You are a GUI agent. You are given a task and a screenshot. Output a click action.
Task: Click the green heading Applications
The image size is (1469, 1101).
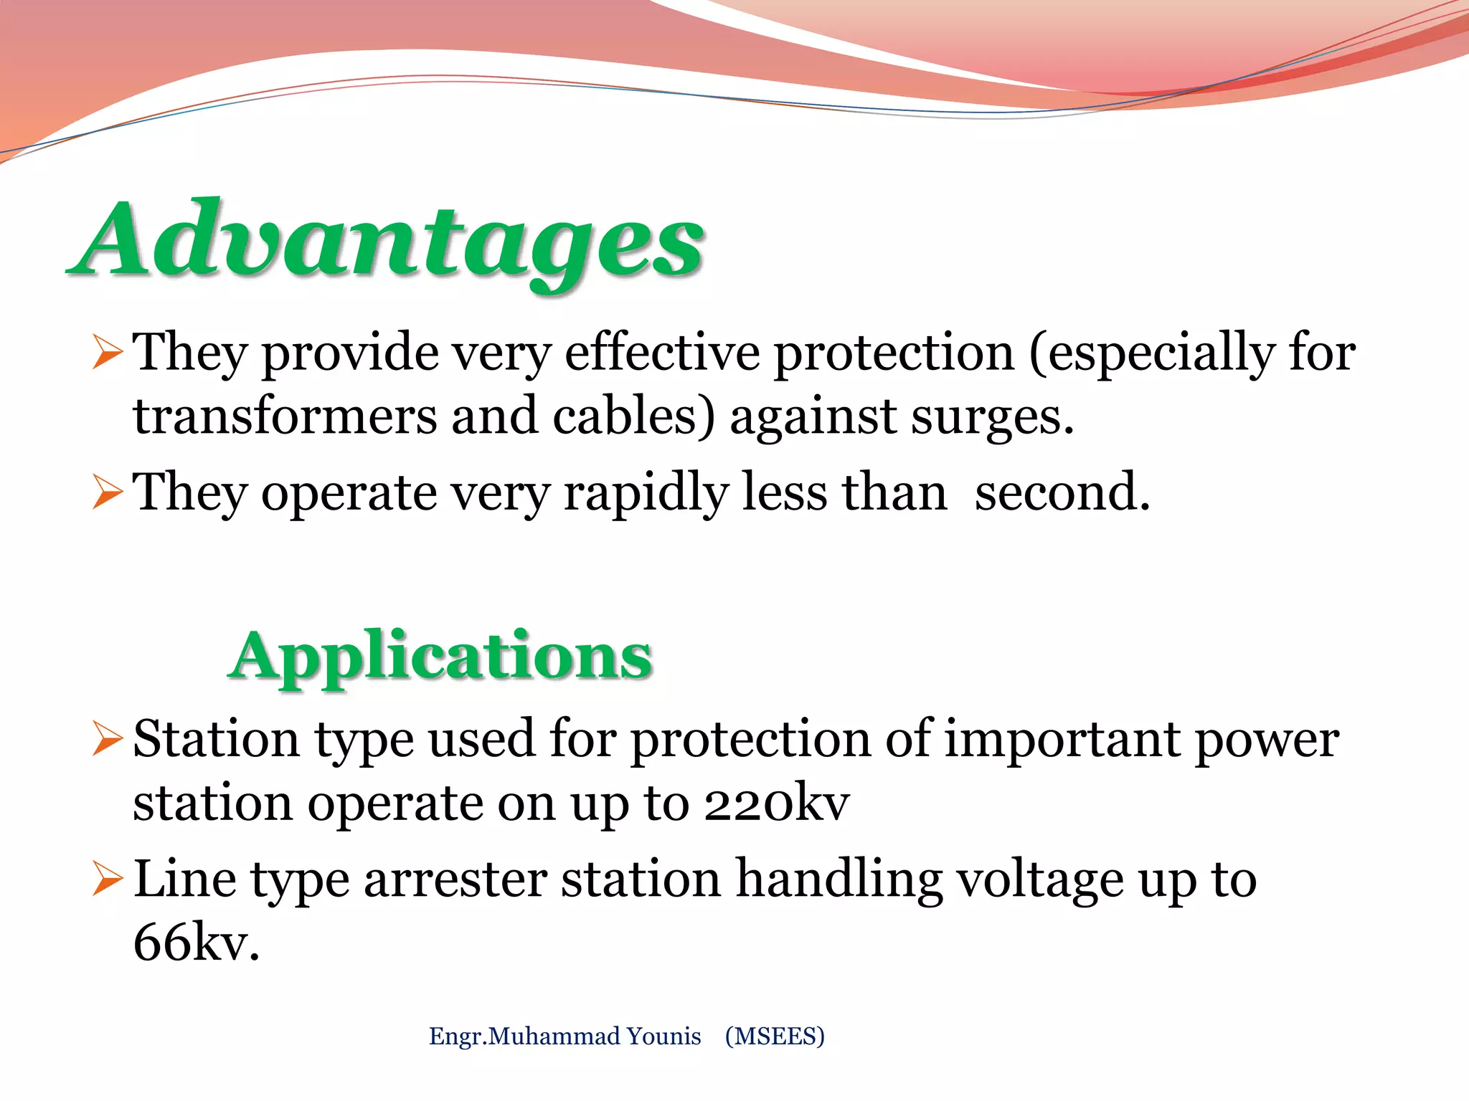coord(440,656)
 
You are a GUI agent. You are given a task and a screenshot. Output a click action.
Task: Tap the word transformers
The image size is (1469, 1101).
coord(284,417)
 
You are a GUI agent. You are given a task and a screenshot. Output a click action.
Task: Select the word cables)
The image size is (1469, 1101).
coord(634,417)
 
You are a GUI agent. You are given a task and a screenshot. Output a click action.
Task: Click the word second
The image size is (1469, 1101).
coord(1062,493)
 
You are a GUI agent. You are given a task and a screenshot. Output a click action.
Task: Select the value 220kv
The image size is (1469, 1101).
coord(776,804)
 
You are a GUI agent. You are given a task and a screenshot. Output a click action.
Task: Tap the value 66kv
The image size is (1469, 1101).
coord(195,943)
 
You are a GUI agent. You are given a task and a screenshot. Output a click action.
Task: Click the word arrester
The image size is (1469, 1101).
coord(455,880)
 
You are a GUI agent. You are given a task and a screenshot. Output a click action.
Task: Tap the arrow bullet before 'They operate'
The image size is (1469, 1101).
coord(108,494)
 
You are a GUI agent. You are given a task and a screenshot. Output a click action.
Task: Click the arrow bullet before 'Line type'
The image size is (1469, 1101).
coord(108,881)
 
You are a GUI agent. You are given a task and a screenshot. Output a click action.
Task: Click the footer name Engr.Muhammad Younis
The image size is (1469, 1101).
coord(565,1036)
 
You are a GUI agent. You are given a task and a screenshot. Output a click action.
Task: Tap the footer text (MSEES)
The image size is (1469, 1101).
coord(775,1036)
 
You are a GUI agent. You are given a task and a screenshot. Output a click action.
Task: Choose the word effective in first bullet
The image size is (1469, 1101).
coord(662,353)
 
